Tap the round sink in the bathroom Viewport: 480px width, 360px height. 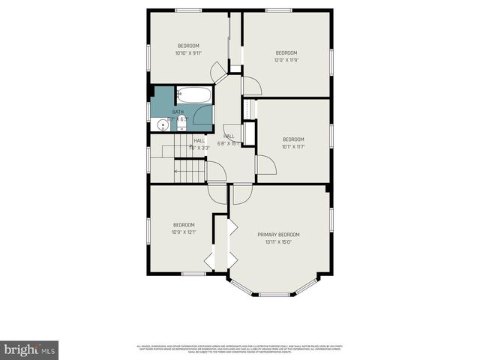(x=164, y=124)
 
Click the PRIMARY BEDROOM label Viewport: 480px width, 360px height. (x=278, y=235)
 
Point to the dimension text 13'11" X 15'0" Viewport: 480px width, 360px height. (x=278, y=242)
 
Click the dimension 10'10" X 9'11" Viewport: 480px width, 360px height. (x=188, y=53)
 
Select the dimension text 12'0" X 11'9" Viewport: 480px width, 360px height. (x=286, y=60)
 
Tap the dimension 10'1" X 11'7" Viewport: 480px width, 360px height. (x=293, y=146)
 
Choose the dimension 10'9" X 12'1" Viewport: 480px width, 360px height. (x=184, y=232)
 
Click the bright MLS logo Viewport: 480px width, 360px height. (x=30, y=349)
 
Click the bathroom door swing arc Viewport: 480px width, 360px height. (x=203, y=115)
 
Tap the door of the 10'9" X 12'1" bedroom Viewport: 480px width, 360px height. (x=217, y=192)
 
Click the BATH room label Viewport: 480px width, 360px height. (x=177, y=112)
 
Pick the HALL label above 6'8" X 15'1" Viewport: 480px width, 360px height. (x=228, y=136)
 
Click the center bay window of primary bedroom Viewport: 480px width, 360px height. (x=274, y=294)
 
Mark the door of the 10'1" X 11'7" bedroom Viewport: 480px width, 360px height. (x=265, y=165)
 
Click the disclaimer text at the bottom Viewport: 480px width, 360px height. (x=239, y=349)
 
